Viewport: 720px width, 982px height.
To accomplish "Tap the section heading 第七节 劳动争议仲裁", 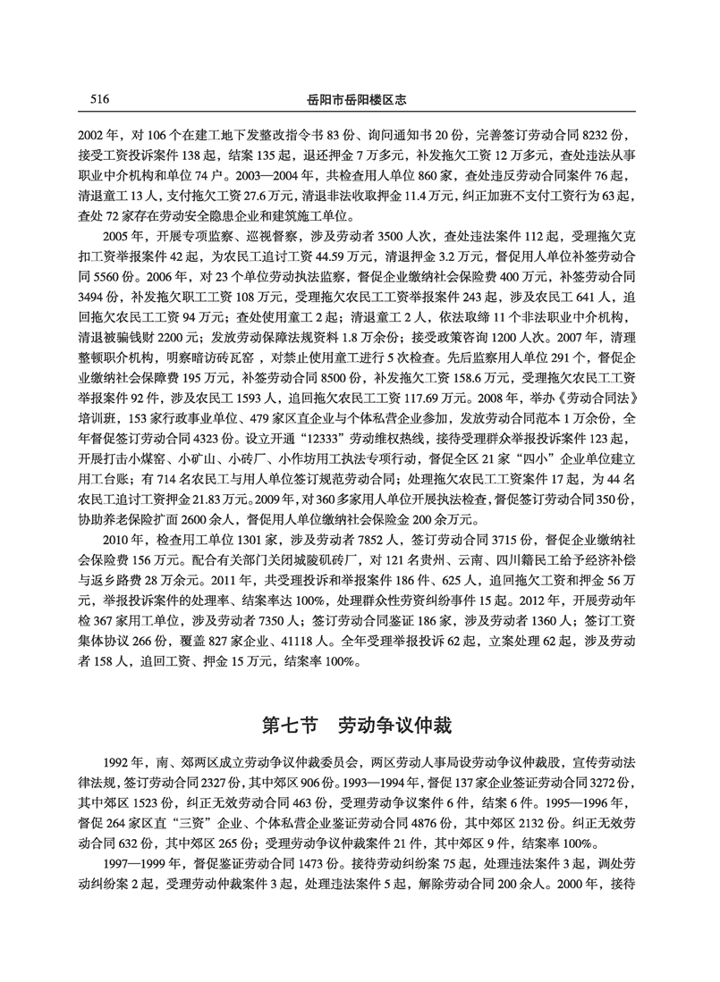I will coord(360,718).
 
